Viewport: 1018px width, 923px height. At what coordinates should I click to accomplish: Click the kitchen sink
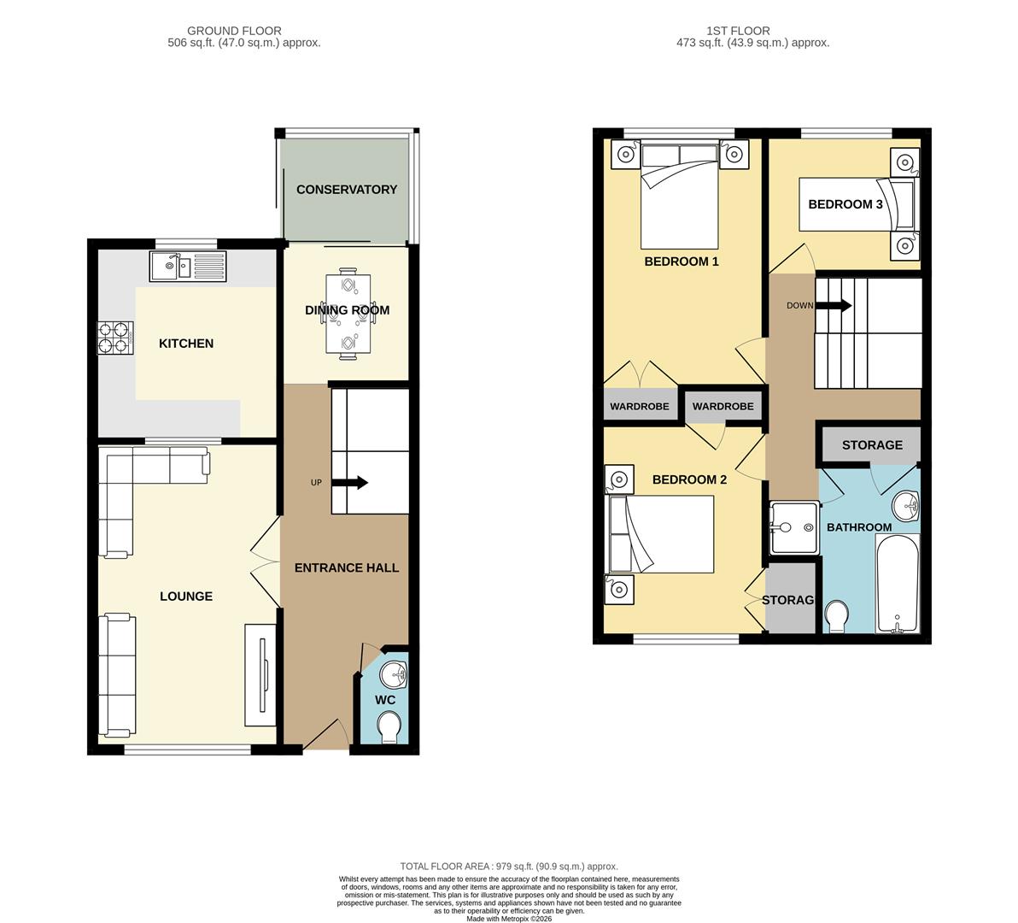[x=187, y=267]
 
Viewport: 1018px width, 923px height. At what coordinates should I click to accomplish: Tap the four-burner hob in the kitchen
[x=116, y=336]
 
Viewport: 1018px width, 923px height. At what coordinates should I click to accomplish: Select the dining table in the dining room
[x=348, y=311]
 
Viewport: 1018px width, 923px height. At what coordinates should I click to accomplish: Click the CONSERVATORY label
[x=346, y=190]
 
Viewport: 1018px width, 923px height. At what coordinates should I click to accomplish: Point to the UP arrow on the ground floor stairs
[x=349, y=483]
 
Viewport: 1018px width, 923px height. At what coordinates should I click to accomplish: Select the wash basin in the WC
[x=395, y=674]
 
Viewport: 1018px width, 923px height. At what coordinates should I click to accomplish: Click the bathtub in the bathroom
[x=897, y=585]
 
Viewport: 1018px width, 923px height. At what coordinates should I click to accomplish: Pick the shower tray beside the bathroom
[x=793, y=527]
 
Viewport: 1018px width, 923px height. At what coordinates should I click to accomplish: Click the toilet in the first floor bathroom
[x=835, y=615]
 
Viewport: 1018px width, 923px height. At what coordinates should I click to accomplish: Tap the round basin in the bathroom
[x=905, y=506]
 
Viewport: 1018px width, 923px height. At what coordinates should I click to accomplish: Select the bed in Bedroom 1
[x=680, y=195]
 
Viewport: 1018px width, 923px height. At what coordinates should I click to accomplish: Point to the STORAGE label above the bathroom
[x=871, y=445]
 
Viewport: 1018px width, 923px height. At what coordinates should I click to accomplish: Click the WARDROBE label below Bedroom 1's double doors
[x=639, y=406]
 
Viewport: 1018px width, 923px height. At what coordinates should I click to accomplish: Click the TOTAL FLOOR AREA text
[x=509, y=866]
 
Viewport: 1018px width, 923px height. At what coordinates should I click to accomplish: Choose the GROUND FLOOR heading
[x=234, y=31]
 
